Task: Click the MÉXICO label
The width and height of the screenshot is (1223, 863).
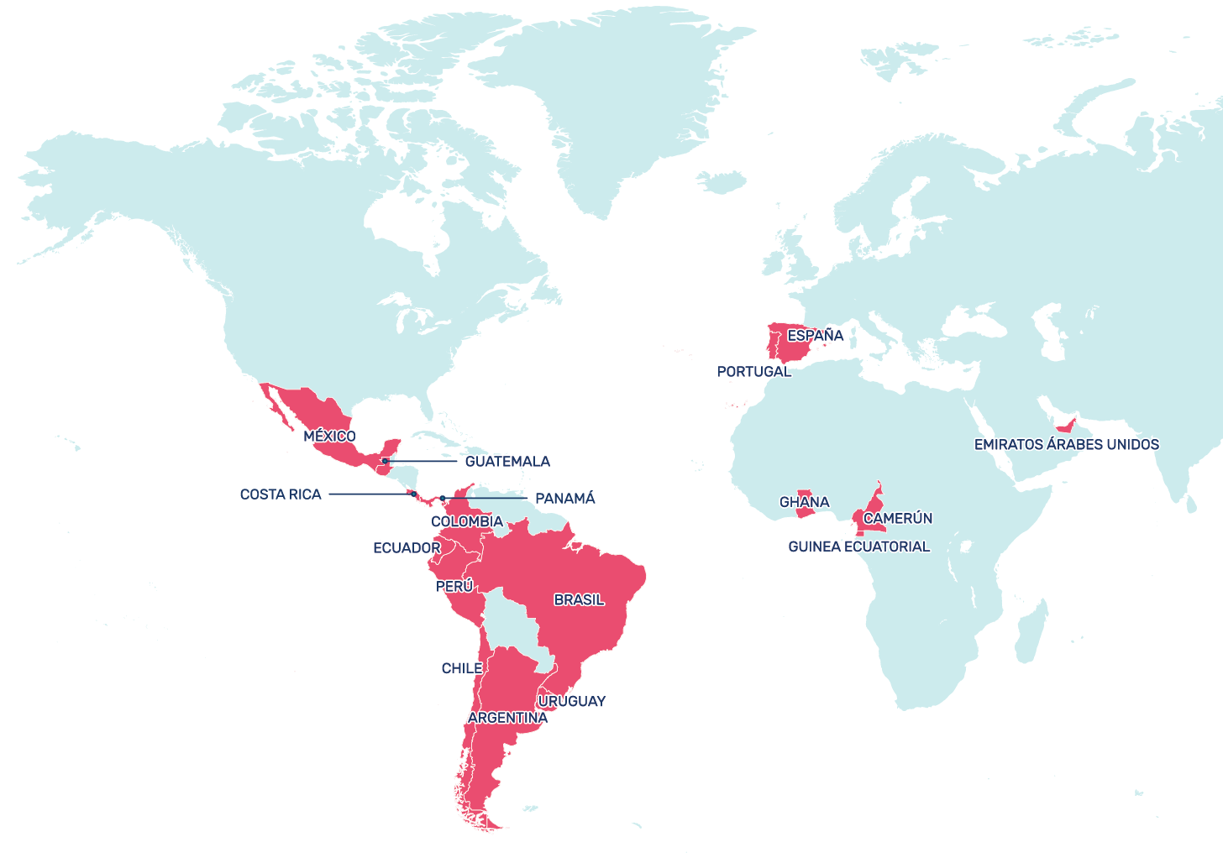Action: [329, 437]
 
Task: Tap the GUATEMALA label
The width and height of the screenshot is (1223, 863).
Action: [507, 462]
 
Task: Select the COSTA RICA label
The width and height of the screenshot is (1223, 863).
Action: [281, 494]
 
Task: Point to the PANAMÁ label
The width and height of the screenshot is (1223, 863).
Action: [564, 499]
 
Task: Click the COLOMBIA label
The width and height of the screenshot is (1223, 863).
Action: [466, 521]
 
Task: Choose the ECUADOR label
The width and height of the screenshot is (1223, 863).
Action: [407, 548]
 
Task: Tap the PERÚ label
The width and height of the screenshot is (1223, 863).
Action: [454, 587]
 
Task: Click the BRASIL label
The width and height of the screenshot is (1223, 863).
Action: [579, 600]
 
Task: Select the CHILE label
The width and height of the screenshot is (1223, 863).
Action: [462, 668]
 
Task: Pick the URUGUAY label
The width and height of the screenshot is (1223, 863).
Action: [571, 702]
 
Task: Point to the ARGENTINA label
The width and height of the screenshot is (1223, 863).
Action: [507, 718]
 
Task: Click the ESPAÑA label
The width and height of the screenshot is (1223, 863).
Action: [815, 336]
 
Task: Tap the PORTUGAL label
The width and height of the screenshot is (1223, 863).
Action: [753, 372]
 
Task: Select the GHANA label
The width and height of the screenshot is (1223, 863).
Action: [804, 503]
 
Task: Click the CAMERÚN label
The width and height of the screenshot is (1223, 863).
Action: [897, 519]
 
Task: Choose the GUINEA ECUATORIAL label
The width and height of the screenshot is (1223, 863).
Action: [858, 547]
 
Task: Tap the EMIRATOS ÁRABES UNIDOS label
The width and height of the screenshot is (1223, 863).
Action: [1066, 445]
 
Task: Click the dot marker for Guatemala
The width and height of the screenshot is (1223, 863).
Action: [385, 461]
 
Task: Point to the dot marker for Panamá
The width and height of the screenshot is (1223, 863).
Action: [443, 499]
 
